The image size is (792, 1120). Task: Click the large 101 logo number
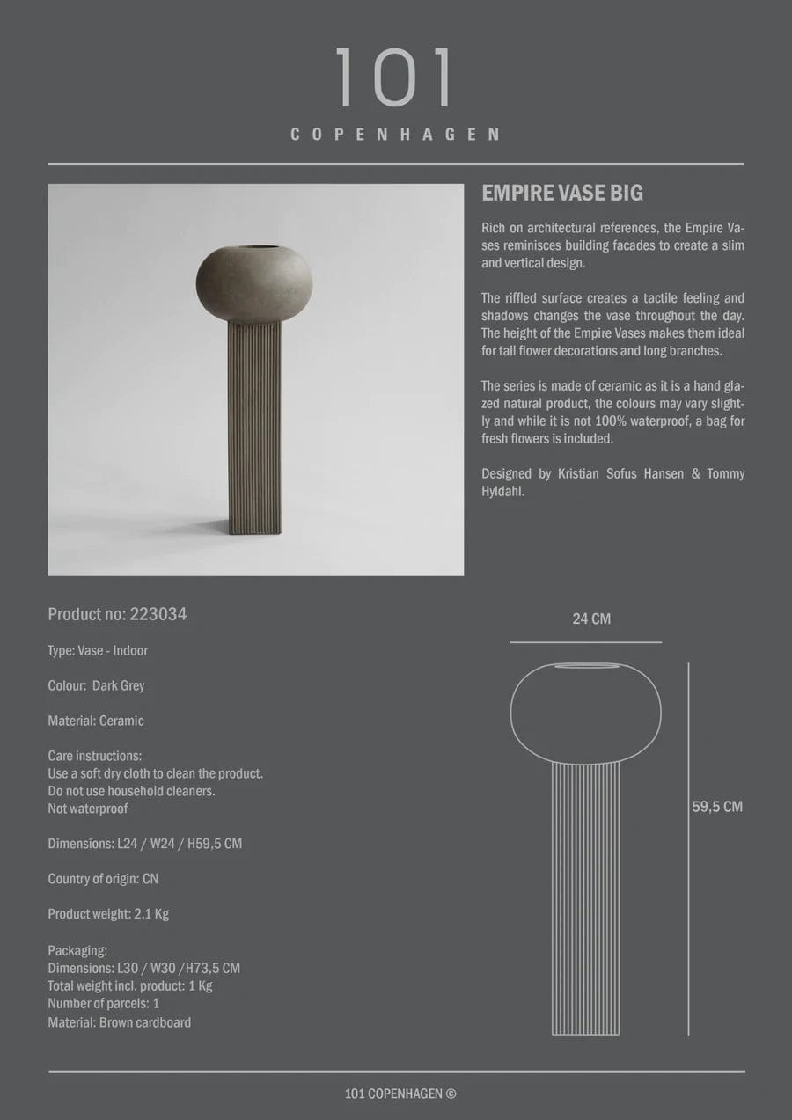tap(395, 78)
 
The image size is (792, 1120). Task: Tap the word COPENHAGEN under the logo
tap(395, 135)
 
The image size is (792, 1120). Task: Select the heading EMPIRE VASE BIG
tap(562, 194)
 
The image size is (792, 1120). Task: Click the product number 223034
tap(158, 614)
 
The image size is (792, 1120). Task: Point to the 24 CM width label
tap(590, 619)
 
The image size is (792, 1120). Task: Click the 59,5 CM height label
tap(717, 806)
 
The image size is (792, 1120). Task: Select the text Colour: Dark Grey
tap(96, 685)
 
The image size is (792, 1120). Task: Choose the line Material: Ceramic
tap(96, 721)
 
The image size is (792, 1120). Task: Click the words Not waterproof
tap(87, 809)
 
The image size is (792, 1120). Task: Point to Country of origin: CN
tap(103, 879)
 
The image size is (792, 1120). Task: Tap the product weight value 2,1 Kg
tap(150, 914)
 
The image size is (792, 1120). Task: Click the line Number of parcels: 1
tap(103, 1003)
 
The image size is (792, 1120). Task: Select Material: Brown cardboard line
tap(119, 1022)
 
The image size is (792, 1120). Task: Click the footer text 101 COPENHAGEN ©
tap(400, 1094)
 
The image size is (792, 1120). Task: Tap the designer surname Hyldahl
tap(509, 491)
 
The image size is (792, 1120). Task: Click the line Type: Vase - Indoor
tap(98, 650)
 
